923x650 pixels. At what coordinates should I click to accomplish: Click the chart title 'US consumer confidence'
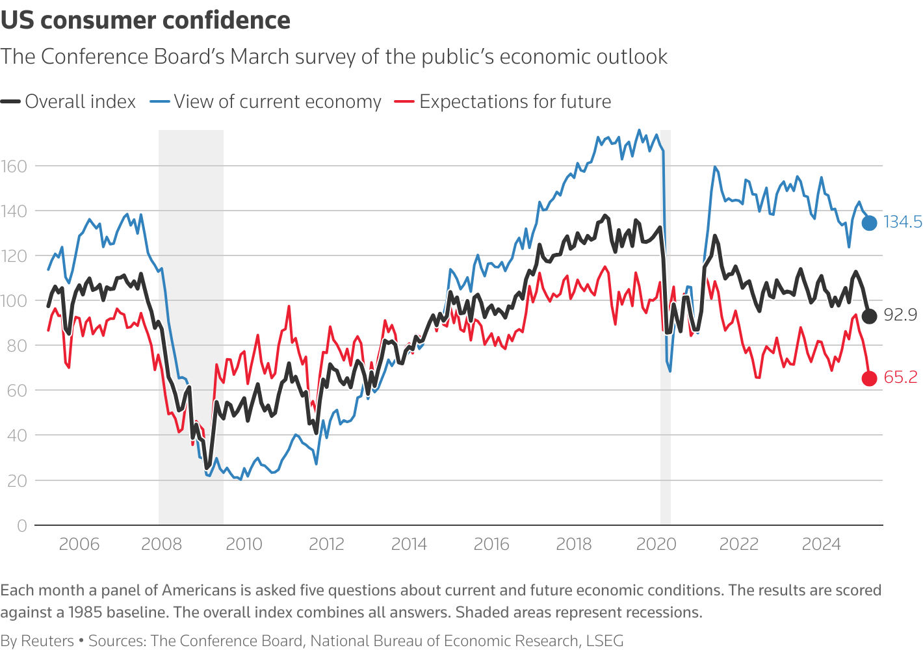(146, 21)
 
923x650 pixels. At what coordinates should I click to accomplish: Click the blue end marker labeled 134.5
(869, 222)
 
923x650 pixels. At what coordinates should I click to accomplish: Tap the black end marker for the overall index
(869, 316)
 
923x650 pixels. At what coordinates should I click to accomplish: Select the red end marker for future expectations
(869, 378)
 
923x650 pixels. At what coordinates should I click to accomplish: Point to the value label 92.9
(900, 315)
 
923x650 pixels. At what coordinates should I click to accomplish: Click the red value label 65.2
(900, 378)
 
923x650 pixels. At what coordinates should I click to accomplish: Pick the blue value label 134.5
(902, 222)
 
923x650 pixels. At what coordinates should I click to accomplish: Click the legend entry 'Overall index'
(80, 102)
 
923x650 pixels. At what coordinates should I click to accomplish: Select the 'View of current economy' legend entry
(277, 102)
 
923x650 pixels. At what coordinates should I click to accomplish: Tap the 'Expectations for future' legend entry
(515, 102)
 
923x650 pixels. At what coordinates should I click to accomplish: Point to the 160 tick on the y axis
(14, 166)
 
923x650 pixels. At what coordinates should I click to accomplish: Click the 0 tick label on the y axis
(22, 526)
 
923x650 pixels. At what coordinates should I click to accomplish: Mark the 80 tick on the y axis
(17, 346)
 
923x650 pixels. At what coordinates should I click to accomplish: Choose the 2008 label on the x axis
(161, 544)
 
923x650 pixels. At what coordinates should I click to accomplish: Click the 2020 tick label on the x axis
(656, 544)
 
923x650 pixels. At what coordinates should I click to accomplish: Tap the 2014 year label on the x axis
(409, 544)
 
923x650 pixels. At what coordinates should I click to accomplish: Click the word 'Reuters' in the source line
(47, 641)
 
